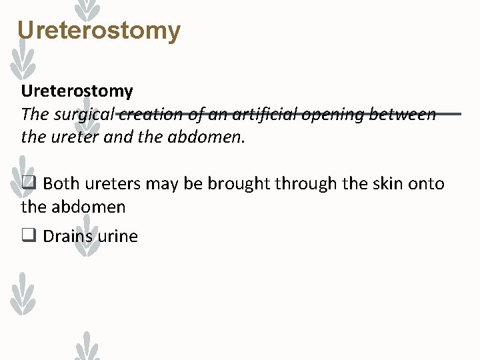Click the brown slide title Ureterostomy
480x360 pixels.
pos(99,31)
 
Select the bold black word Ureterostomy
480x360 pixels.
pos(77,91)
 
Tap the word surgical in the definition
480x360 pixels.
pos(82,115)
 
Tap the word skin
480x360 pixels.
pos(382,183)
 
